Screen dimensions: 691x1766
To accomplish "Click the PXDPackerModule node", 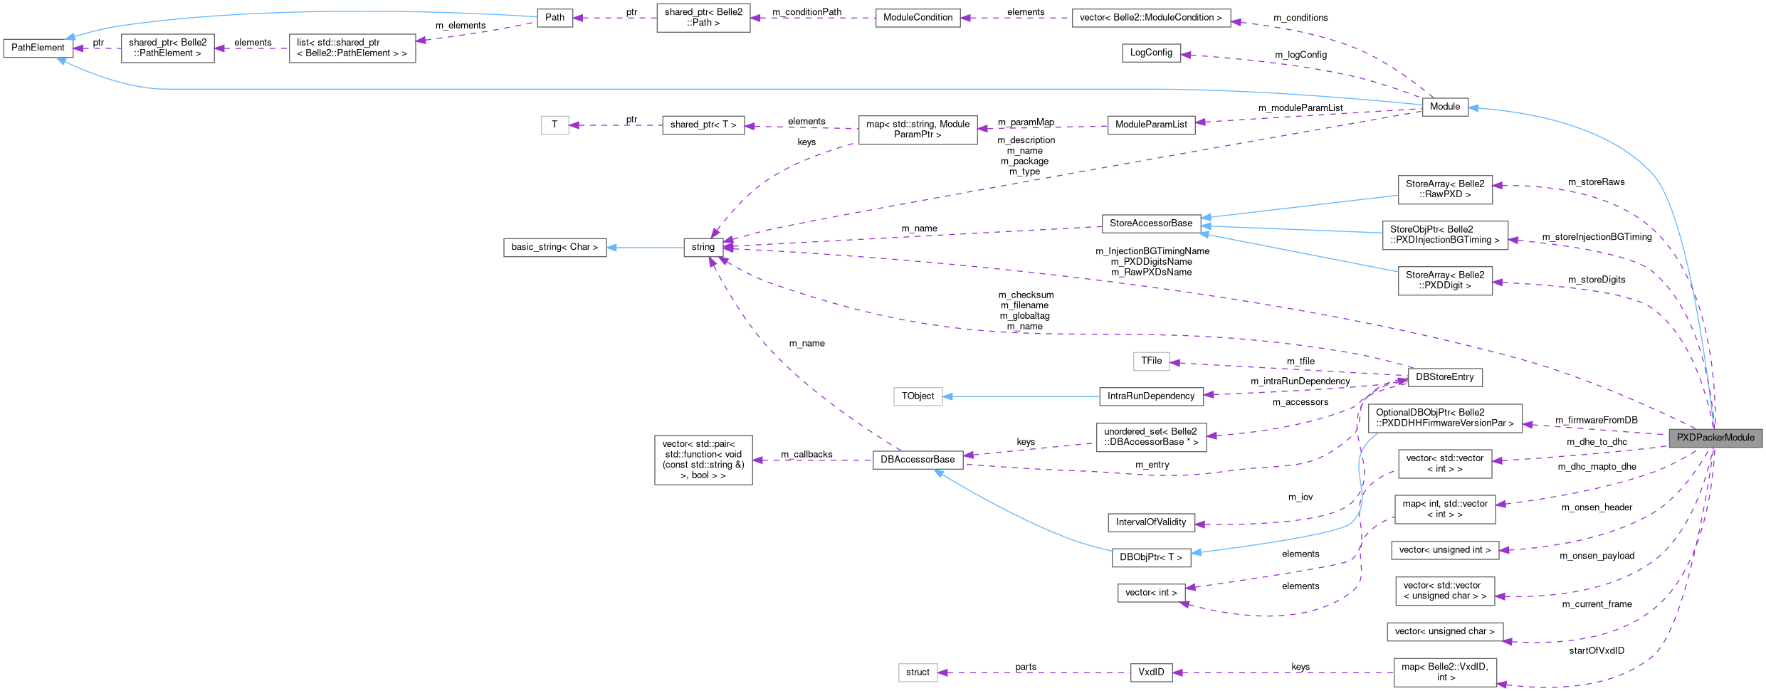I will tap(1715, 438).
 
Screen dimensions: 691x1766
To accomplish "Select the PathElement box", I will tap(38, 48).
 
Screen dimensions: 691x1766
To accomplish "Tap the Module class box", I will tap(1444, 107).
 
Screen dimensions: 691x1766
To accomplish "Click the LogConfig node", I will tap(1151, 53).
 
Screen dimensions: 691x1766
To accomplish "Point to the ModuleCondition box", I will tap(918, 18).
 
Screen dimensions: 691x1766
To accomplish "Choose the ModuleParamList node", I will tap(1151, 125).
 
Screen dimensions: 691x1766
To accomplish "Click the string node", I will tap(703, 247).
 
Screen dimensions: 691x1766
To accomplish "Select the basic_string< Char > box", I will tap(554, 247).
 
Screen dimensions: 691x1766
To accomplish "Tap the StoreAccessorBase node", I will tap(1150, 223).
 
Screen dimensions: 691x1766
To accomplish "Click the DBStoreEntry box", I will tap(1444, 377).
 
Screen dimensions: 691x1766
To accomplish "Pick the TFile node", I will tap(1151, 361).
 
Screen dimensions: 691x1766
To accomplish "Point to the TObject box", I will tap(918, 396).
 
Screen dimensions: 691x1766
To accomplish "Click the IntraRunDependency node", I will tap(1151, 396).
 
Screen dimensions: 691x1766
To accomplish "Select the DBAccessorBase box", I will tap(918, 460).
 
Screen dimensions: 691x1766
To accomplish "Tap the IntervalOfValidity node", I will tap(1151, 522).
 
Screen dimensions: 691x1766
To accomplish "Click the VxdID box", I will tap(1151, 672).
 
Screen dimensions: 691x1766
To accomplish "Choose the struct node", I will tap(918, 672).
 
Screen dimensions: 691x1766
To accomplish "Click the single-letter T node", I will tap(554, 125).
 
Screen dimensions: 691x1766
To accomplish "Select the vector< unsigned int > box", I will tap(1444, 550).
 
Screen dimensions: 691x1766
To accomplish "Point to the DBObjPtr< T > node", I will tap(1150, 557).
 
